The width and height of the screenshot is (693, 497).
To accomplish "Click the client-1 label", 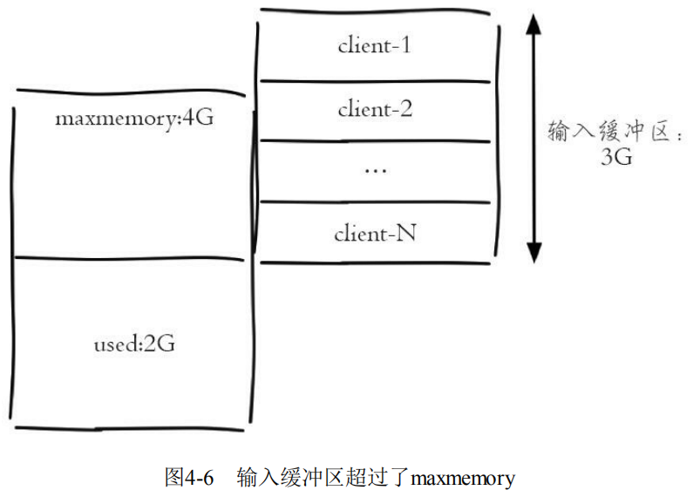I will click(x=374, y=45).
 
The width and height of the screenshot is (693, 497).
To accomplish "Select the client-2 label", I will click(x=374, y=110).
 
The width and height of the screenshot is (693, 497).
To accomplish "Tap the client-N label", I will click(x=374, y=234).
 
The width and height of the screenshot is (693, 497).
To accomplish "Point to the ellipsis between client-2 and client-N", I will click(x=374, y=170).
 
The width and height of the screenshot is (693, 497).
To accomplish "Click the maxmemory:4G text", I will click(x=133, y=117).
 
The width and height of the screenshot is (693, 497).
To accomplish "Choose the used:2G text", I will click(x=134, y=344).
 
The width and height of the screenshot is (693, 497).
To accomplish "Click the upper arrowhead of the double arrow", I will click(x=534, y=26).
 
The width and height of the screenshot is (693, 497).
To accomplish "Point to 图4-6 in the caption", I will click(x=189, y=478).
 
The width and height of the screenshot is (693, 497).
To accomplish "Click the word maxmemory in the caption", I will click(x=463, y=478).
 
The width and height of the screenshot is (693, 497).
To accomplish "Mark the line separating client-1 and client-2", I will click(x=374, y=81).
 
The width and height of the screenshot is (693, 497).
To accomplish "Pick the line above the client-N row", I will click(x=374, y=202).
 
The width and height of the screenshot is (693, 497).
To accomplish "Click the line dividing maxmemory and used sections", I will click(x=131, y=258).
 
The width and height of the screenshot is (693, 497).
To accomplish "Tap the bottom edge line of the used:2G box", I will click(x=131, y=428).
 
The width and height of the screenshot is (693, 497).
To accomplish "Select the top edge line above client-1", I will click(x=374, y=12).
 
